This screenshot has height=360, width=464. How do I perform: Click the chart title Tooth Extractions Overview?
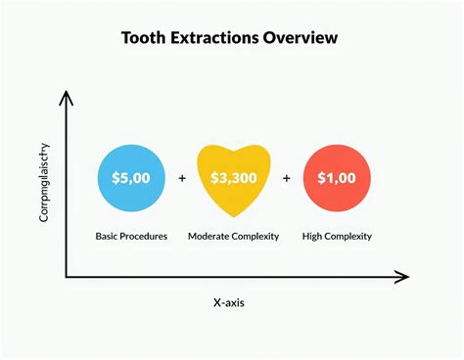click(230, 38)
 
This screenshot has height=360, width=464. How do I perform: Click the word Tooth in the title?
click(143, 38)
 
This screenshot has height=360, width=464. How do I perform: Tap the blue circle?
click(131, 179)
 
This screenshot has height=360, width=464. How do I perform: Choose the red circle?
click(336, 179)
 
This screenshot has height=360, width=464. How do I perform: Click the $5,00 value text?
click(131, 179)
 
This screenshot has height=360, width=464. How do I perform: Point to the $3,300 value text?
click(233, 179)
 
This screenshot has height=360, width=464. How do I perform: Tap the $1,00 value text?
click(336, 179)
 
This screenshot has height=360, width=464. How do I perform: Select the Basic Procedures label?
click(131, 236)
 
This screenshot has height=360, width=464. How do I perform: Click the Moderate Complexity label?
click(233, 236)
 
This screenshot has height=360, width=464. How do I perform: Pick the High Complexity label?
click(336, 236)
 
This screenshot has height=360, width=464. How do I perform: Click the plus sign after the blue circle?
click(182, 179)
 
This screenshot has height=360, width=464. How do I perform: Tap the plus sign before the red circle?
click(287, 179)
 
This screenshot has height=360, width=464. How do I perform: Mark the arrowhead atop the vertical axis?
click(66, 96)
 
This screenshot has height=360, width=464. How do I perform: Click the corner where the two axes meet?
click(66, 278)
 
